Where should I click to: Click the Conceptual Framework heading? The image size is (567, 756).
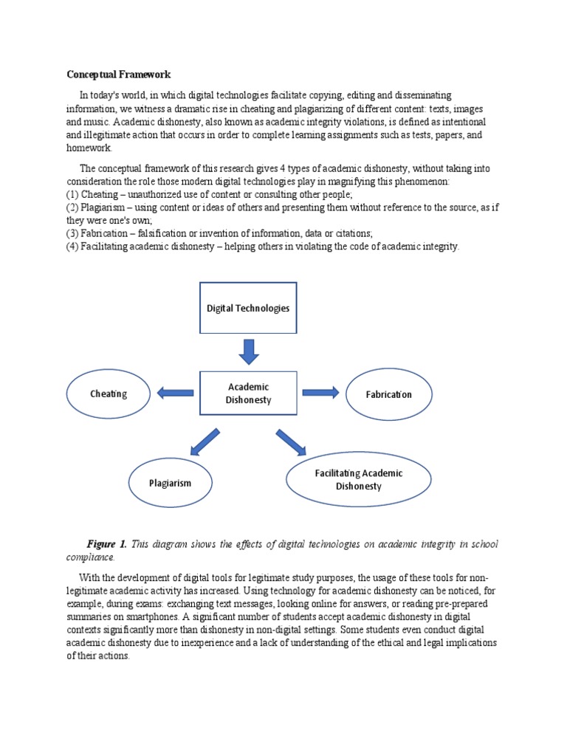click(119, 75)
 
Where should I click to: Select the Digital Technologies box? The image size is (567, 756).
click(248, 308)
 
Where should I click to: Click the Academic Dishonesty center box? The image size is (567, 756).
click(248, 394)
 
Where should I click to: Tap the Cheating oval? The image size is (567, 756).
click(109, 394)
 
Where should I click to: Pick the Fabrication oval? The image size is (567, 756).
click(388, 394)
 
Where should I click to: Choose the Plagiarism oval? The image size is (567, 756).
click(171, 483)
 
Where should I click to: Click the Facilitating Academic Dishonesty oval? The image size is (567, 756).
click(359, 479)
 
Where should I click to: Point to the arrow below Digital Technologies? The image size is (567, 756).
click(249, 351)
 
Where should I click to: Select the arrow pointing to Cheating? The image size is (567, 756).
click(175, 393)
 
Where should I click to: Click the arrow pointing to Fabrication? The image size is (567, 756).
click(320, 392)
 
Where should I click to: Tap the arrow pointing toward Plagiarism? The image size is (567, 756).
click(205, 441)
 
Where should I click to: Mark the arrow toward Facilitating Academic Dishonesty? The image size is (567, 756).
click(291, 441)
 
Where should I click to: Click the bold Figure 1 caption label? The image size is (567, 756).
click(106, 545)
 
